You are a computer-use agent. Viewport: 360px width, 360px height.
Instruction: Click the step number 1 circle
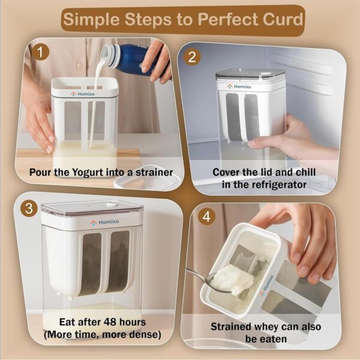click(x=40, y=52)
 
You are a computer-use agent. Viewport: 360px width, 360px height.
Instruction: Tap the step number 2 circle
click(x=192, y=57)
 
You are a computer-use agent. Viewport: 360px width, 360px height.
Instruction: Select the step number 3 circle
click(x=29, y=208)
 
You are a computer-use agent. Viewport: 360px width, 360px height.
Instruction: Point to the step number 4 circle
click(x=206, y=217)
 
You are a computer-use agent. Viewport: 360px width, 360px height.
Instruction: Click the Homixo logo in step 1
click(x=83, y=94)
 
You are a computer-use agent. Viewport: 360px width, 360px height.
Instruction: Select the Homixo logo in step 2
click(x=239, y=86)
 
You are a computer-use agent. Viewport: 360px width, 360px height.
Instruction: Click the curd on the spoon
click(x=232, y=279)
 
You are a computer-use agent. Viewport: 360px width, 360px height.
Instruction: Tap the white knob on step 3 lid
click(x=112, y=203)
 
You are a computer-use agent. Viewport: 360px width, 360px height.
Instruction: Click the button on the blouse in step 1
click(x=80, y=65)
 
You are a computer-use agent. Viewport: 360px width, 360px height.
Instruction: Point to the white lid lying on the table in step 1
click(x=147, y=178)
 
